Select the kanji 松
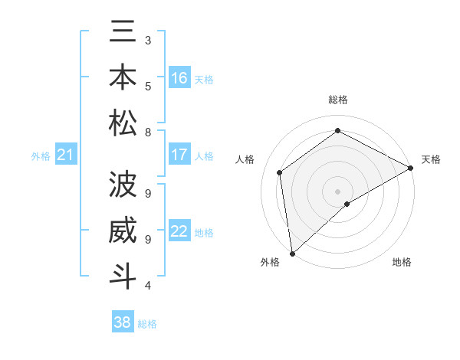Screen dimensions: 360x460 (x=123, y=123)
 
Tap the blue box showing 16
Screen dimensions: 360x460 (x=179, y=78)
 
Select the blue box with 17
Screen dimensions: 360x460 (x=179, y=155)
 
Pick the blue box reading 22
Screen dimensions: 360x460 (x=179, y=231)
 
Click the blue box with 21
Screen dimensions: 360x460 (x=66, y=155)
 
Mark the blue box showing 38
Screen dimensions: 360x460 (x=123, y=322)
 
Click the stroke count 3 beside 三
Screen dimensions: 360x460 (x=148, y=40)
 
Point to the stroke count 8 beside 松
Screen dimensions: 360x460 (x=148, y=133)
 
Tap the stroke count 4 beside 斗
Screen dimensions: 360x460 (x=148, y=286)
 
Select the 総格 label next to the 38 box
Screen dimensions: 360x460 (x=147, y=324)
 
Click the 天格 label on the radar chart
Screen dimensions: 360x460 (x=431, y=159)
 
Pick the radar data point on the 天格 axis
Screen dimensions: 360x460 (x=410, y=167)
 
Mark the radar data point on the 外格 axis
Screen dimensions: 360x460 (x=292, y=254)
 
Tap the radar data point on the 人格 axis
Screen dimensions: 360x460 (x=280, y=172)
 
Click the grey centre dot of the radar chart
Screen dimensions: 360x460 (x=337, y=191)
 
